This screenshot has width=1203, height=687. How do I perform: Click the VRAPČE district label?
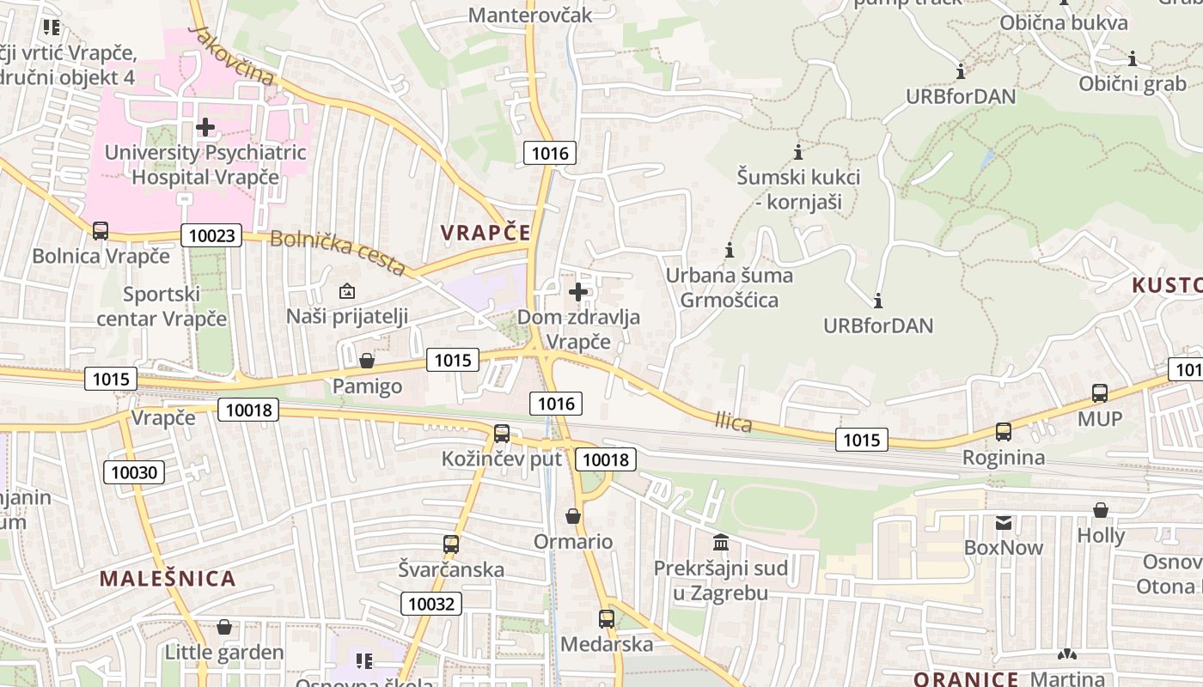tap(485, 232)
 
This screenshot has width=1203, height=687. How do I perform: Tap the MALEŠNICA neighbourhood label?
tap(168, 578)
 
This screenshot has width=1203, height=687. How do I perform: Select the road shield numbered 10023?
tap(211, 235)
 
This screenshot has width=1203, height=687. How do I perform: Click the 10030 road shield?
tap(134, 471)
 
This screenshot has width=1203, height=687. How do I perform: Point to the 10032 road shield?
tap(431, 604)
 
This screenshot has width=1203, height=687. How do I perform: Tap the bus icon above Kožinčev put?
tap(502, 434)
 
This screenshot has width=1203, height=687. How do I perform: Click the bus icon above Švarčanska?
tap(451, 544)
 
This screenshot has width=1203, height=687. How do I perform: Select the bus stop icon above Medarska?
tap(607, 618)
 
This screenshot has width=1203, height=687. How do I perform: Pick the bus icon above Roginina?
tap(1004, 432)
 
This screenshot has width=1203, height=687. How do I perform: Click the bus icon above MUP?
tap(1100, 394)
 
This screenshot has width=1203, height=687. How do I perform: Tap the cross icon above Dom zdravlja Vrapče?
tap(578, 292)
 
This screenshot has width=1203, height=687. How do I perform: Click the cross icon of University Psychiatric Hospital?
tap(205, 128)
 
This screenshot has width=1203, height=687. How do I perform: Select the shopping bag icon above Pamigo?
tap(367, 361)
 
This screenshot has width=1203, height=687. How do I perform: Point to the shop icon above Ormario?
tap(573, 516)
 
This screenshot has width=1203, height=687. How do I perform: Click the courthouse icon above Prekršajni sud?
tap(721, 543)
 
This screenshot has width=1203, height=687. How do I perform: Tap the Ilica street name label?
tap(733, 422)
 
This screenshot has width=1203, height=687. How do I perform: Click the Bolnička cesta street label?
tap(337, 253)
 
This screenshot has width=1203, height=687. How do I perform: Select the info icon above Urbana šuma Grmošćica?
tap(730, 251)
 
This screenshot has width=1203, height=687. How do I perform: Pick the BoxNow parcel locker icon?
tap(1003, 522)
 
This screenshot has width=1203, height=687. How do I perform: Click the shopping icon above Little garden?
tap(224, 627)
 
